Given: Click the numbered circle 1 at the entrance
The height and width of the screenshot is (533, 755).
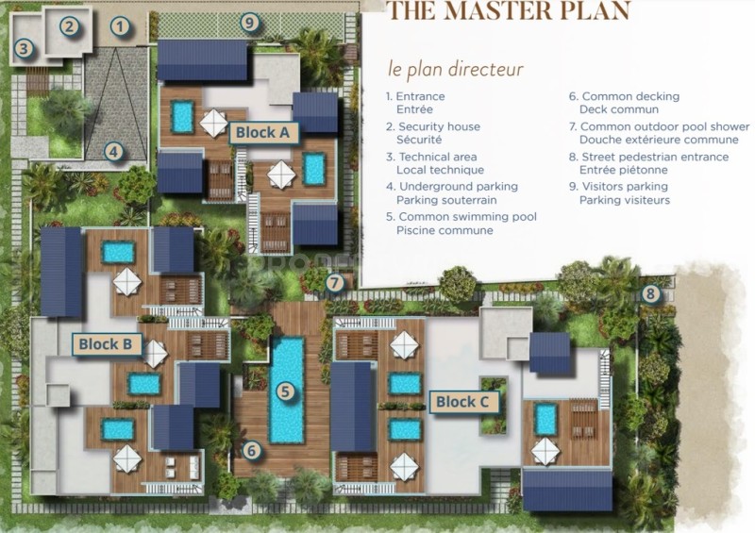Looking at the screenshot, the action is [x=120, y=26].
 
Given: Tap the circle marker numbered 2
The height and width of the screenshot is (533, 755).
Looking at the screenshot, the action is [x=69, y=26].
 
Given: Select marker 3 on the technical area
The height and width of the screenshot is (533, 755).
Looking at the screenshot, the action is [x=24, y=48].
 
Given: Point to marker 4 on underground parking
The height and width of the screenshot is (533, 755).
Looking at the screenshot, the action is [x=113, y=152].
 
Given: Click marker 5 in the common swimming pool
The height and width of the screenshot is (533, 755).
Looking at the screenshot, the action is [x=286, y=391].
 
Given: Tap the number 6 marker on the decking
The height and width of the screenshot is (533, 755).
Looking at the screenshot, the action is [x=251, y=451].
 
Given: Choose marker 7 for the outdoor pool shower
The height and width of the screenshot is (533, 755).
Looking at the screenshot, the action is [x=335, y=283].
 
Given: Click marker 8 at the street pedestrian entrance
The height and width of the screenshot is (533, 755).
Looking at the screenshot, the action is [x=650, y=292].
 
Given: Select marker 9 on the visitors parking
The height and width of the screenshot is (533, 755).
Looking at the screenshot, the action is [x=249, y=22].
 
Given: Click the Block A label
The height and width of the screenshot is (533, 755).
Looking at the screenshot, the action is [x=263, y=132].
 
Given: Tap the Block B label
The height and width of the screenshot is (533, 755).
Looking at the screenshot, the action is [x=106, y=344].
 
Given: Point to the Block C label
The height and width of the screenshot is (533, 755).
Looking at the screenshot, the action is [x=462, y=402].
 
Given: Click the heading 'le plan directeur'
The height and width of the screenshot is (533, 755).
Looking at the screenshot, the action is [x=456, y=69].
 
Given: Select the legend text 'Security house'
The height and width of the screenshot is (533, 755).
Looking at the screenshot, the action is [x=439, y=126].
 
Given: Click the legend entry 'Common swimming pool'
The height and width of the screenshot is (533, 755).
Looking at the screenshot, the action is [x=467, y=217].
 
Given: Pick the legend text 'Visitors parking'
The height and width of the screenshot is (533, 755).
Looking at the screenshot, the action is [x=625, y=187].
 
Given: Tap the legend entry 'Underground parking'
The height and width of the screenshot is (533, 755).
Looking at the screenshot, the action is [x=459, y=187].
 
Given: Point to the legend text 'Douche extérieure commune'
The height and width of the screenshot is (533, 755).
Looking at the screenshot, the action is [x=659, y=140].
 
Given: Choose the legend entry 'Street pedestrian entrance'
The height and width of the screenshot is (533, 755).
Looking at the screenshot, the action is [x=655, y=157].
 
